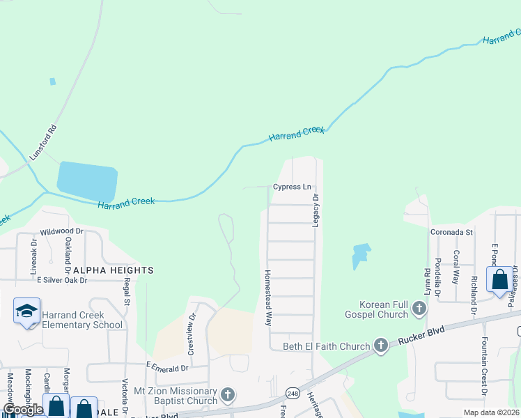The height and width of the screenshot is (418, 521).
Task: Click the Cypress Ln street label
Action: [x=292, y=187]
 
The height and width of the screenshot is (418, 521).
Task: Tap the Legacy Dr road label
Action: [x=316, y=210]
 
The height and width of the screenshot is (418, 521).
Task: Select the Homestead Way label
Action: [x=267, y=298]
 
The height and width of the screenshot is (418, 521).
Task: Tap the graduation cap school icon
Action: [x=26, y=310]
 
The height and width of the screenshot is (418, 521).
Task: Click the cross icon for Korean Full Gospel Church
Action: [x=419, y=307]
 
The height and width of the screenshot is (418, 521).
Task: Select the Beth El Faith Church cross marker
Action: [x=380, y=345]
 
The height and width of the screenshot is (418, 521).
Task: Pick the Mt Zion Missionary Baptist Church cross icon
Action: [x=227, y=396]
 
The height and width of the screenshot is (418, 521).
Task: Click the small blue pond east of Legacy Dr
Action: [x=361, y=254]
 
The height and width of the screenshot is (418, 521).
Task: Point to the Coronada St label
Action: [x=451, y=232]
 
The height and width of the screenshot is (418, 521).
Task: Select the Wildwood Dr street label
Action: [x=61, y=231]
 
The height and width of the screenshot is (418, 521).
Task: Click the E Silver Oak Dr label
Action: [x=62, y=280]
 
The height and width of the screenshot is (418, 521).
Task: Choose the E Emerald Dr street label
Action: [x=167, y=366]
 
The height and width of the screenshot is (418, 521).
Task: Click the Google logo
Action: [x=22, y=410]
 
